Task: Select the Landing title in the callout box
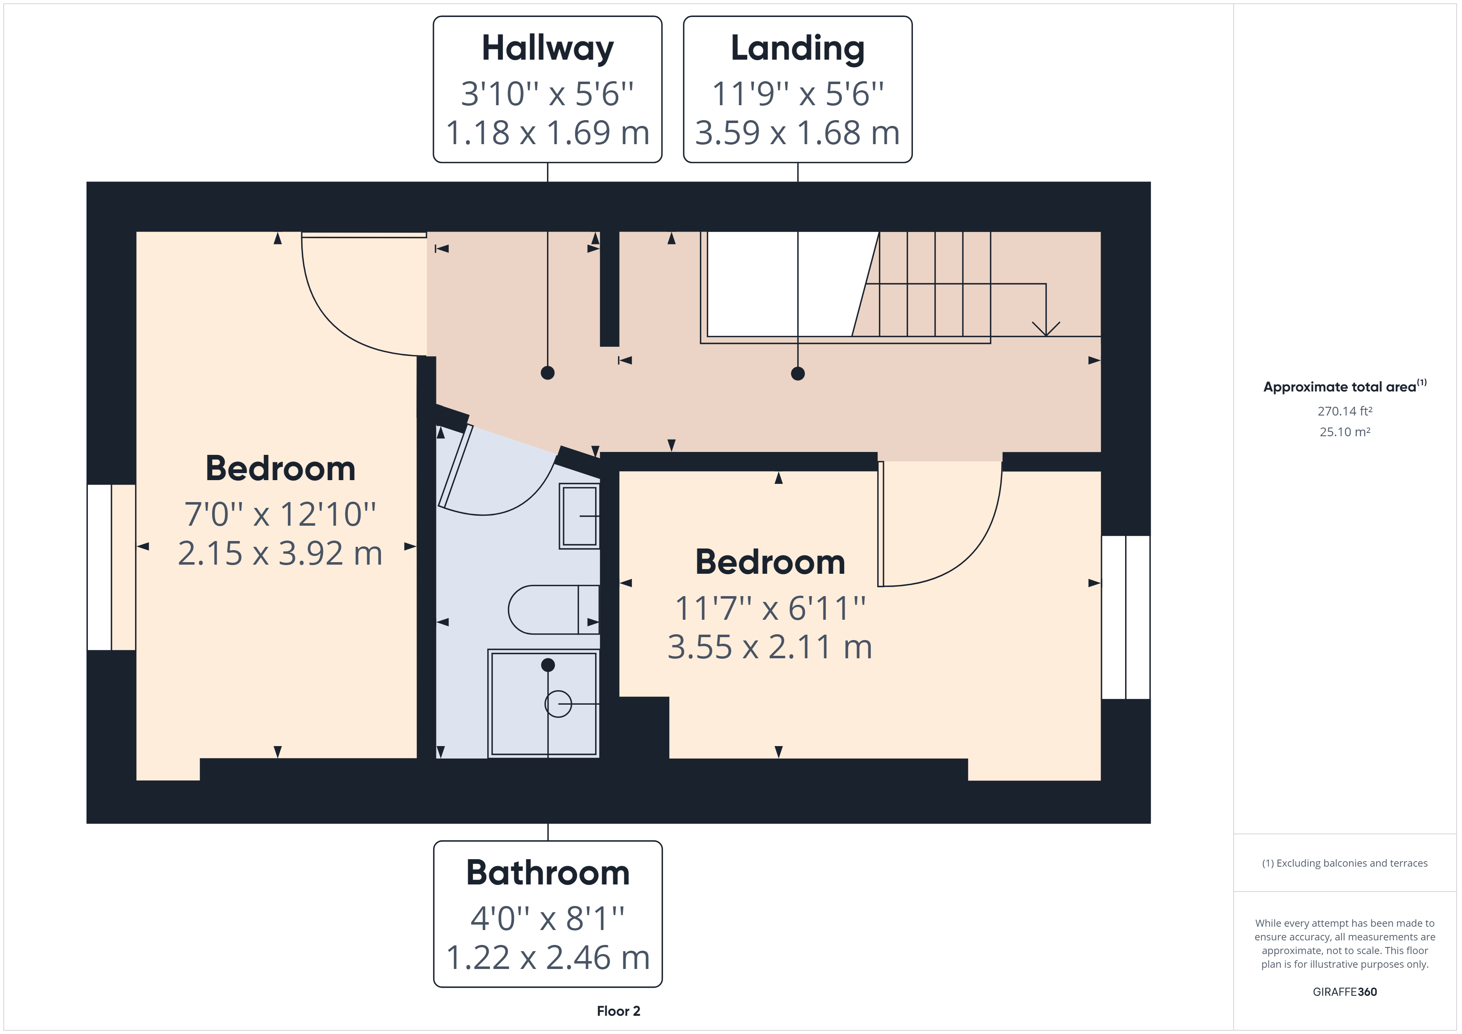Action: point(797,48)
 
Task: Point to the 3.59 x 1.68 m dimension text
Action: point(797,133)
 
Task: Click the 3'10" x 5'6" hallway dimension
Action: point(547,94)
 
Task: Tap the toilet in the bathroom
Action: point(553,609)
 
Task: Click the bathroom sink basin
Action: point(579,516)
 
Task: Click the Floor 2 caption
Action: point(618,1011)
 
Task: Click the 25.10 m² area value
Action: point(1344,432)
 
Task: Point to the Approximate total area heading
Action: point(1344,387)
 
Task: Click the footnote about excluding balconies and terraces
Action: point(1344,863)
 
